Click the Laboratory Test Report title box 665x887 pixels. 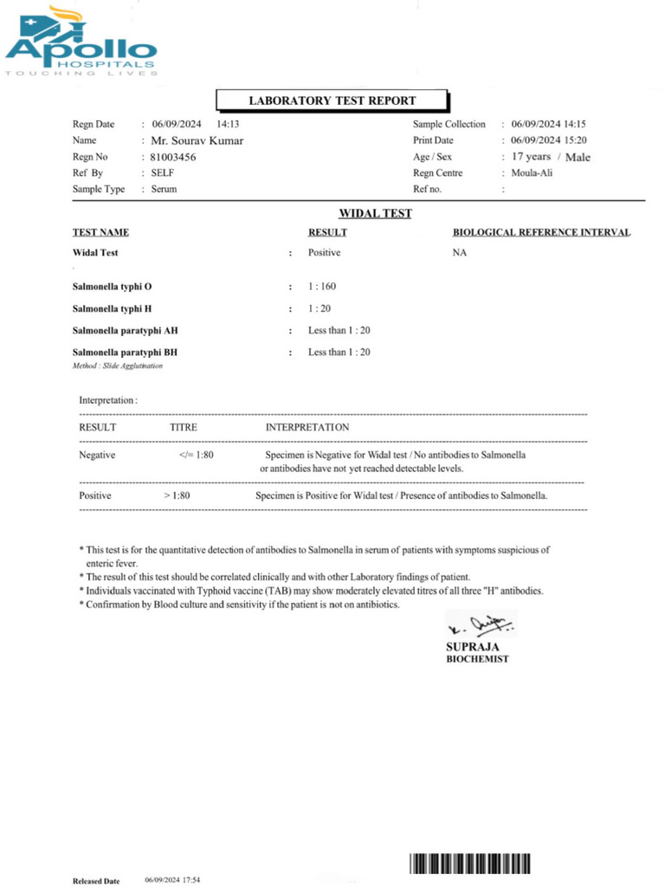click(332, 100)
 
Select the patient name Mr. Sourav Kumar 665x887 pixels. click(197, 140)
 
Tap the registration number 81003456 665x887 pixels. click(173, 157)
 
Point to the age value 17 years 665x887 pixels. click(531, 157)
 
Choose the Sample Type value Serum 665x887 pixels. click(164, 189)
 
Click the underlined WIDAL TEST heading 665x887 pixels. click(374, 213)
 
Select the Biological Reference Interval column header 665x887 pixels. click(541, 232)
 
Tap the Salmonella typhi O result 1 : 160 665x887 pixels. click(326, 285)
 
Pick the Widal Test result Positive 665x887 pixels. click(324, 253)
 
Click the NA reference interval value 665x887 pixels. click(459, 253)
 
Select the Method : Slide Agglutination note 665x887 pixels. click(117, 366)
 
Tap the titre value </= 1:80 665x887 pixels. click(195, 454)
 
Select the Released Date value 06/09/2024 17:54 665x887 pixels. click(172, 879)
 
